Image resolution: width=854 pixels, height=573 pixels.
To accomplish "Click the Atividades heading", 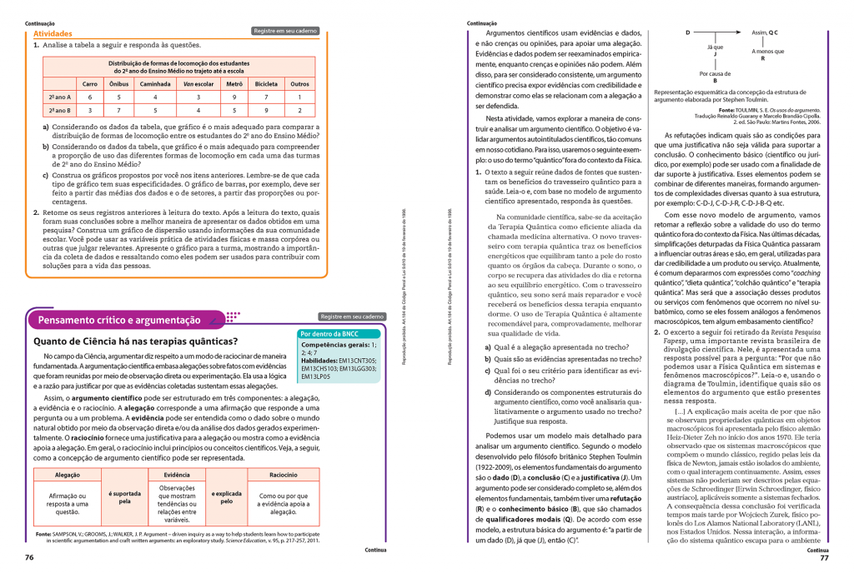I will [53, 33].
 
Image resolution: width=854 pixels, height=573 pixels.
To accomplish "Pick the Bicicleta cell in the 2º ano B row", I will [266, 110].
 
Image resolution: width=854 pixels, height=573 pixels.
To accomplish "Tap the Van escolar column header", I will [198, 83].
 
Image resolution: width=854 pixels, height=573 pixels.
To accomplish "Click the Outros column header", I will [299, 83].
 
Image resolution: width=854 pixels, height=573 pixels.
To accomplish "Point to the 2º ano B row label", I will [59, 110].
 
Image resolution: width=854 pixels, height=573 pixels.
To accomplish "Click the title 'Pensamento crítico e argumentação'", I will [119, 320].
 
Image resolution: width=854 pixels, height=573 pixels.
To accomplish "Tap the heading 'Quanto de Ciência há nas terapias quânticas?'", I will [134, 341].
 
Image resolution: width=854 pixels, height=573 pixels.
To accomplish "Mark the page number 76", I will [30, 557].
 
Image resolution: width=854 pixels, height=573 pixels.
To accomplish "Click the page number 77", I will [822, 557].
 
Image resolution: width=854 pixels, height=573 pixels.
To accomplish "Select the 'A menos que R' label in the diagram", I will [762, 55].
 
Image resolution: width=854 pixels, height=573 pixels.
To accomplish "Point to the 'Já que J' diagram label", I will [715, 51].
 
